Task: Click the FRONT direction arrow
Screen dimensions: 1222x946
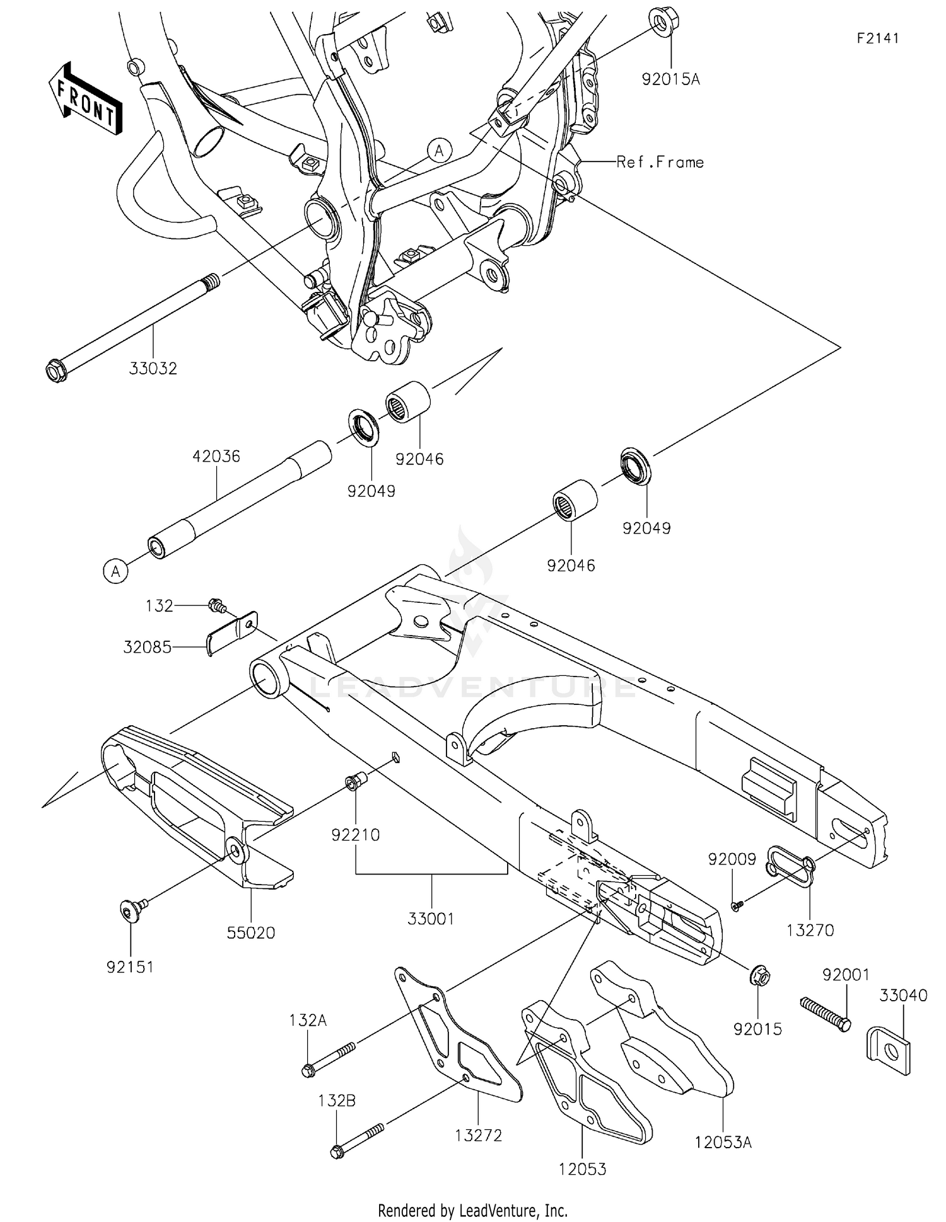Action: coord(85,98)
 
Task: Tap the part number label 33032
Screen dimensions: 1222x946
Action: coord(153,368)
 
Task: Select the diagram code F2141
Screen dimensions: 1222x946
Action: coord(877,38)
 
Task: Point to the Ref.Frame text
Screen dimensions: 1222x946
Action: coord(660,162)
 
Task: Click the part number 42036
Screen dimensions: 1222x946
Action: coord(216,456)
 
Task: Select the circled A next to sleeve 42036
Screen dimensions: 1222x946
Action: coord(115,571)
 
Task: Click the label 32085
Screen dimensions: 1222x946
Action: coord(147,647)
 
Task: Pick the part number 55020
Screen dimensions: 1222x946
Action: coord(251,933)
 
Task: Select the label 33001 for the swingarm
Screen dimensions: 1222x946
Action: coord(431,919)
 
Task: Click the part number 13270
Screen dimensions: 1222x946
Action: coord(810,929)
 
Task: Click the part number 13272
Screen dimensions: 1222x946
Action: coord(478,1135)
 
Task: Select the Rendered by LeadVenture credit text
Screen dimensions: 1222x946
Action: coord(472,1210)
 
